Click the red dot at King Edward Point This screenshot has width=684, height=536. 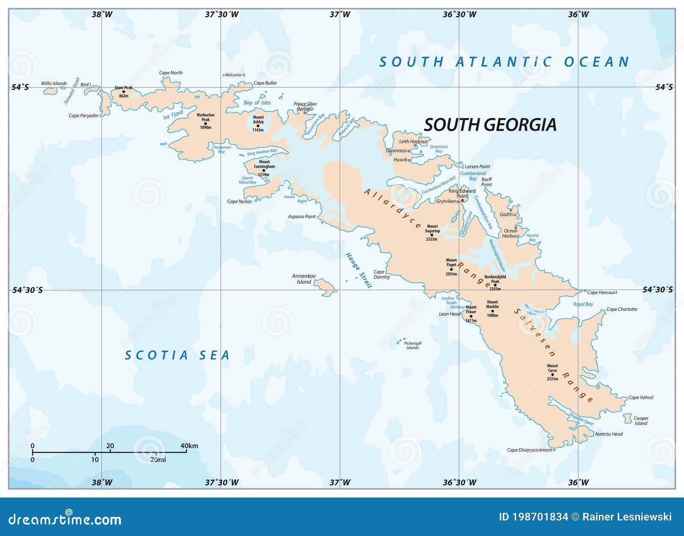[462, 200]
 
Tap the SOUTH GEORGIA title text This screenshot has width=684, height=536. [490, 125]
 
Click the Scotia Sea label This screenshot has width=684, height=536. [177, 355]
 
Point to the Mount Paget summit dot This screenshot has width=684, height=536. [451, 269]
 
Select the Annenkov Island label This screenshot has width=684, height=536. [304, 279]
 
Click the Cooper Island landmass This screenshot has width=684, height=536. [627, 418]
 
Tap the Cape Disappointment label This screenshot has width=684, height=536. [529, 450]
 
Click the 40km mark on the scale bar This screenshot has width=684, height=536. [186, 451]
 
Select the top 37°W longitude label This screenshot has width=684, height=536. [340, 15]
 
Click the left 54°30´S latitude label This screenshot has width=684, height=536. [27, 290]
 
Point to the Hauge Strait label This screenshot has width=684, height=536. [358, 270]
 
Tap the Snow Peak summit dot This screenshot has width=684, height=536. [124, 91]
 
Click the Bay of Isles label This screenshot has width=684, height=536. [257, 103]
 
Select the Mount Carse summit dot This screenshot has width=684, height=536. [552, 374]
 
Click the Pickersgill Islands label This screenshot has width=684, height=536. [413, 345]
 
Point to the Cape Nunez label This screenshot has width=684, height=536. [239, 201]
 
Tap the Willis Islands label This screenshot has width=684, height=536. [54, 83]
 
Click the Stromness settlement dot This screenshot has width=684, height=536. [409, 151]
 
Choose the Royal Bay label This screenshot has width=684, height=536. [583, 304]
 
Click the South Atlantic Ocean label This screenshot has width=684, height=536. [504, 62]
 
